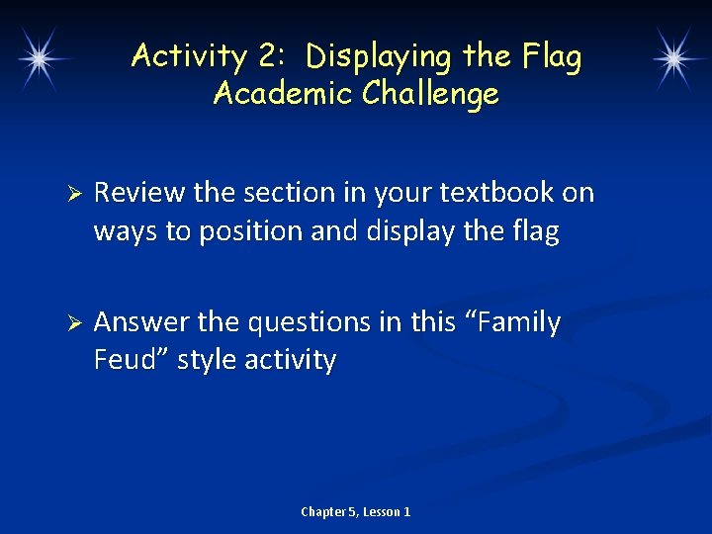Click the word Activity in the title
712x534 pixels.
(x=188, y=57)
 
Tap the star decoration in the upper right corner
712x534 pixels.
(x=674, y=57)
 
